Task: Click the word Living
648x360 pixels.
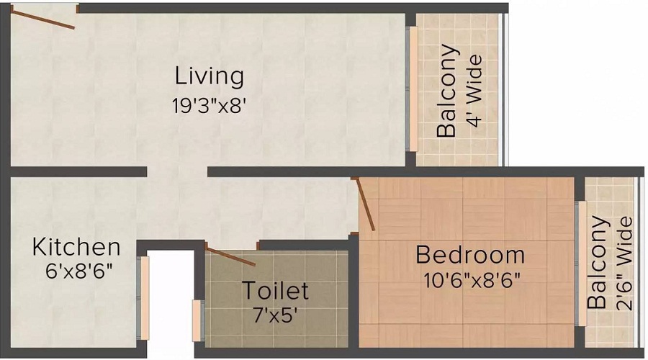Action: pyautogui.click(x=210, y=76)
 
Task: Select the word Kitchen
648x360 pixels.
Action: pyautogui.click(x=76, y=247)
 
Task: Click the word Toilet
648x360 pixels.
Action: pyautogui.click(x=275, y=291)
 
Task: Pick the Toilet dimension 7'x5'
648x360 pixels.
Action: pyautogui.click(x=275, y=315)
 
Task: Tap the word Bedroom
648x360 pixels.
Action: pyautogui.click(x=470, y=255)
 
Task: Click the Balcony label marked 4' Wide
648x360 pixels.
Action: pyautogui.click(x=447, y=91)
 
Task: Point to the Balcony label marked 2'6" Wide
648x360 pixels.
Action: pyautogui.click(x=597, y=263)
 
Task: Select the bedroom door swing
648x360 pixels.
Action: pyautogui.click(x=364, y=204)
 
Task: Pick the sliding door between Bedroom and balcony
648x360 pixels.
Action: pyautogui.click(x=580, y=263)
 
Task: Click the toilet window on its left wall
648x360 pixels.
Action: pyautogui.click(x=197, y=314)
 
